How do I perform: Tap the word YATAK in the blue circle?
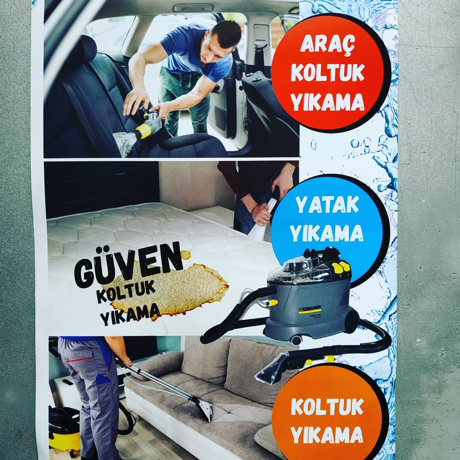[327, 205]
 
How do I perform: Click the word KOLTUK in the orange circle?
[327, 407]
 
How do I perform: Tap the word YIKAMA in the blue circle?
[326, 233]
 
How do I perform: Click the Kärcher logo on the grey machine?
[310, 309]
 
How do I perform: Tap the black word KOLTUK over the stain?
[126, 291]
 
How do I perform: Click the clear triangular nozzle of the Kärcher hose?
[272, 368]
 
